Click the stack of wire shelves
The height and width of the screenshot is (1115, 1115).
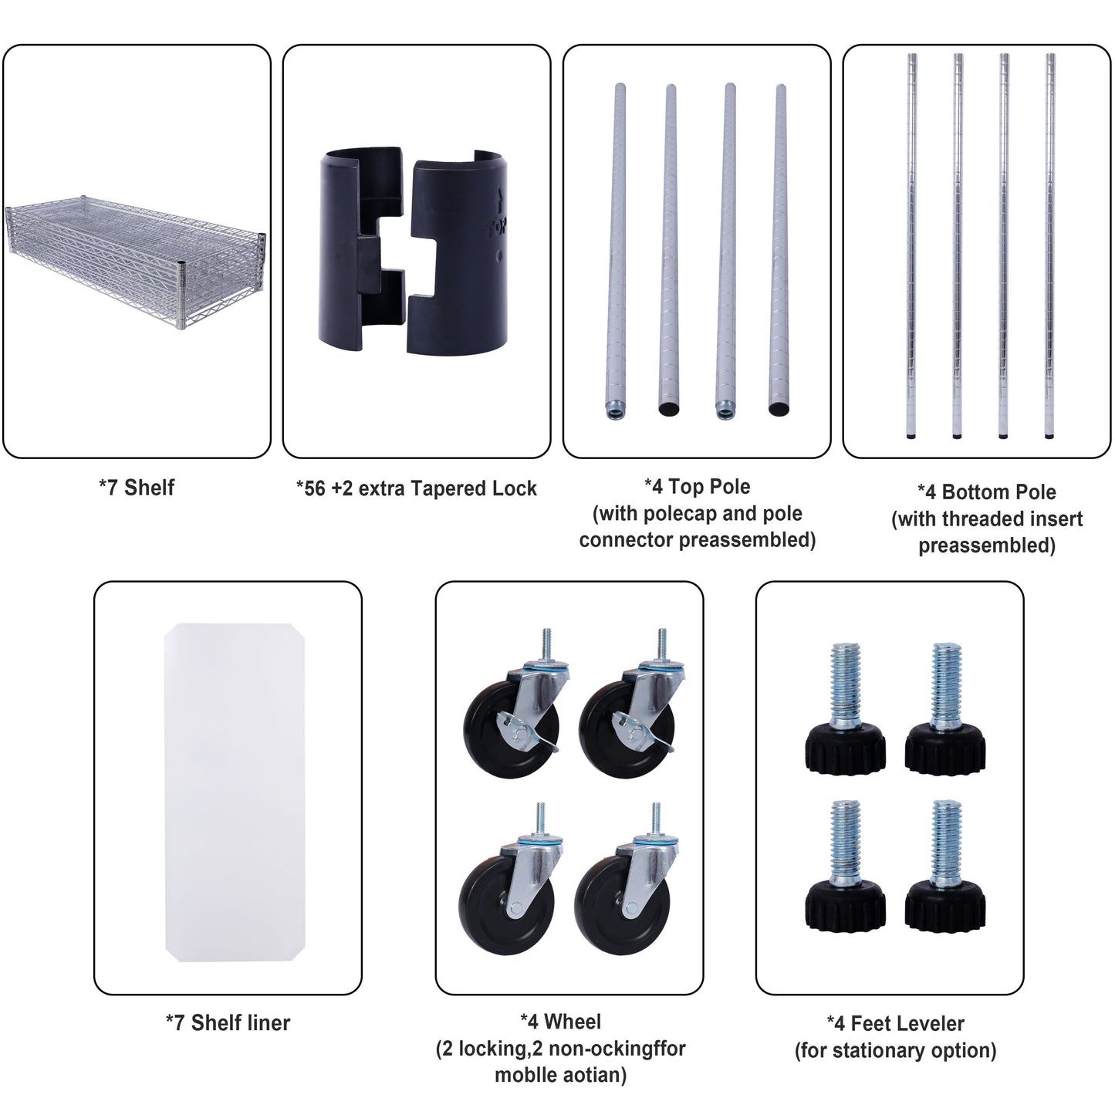click(x=136, y=260)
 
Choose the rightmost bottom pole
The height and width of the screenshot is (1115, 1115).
click(x=1050, y=246)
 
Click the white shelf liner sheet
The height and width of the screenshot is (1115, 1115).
click(x=235, y=792)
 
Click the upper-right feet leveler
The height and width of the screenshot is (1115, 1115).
click(x=945, y=708)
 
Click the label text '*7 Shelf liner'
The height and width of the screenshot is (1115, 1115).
click(x=228, y=1023)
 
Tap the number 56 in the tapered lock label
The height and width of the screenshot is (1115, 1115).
click(x=315, y=489)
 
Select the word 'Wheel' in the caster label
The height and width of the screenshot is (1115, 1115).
click(x=573, y=1022)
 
